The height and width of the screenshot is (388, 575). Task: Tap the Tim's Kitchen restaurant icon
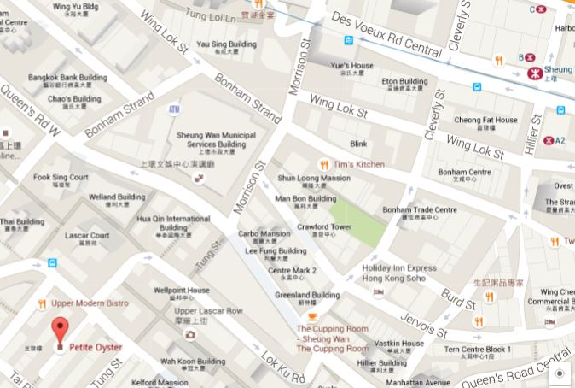coord(323,164)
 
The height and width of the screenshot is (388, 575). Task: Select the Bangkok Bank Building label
coord(67,78)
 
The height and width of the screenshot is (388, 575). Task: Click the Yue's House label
coord(351,66)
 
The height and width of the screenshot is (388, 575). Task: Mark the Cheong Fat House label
coord(485,121)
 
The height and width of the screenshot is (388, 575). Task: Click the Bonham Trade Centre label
coord(419,210)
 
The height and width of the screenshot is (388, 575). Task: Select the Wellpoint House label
coord(181,291)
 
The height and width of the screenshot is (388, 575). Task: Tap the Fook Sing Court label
coord(61,178)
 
